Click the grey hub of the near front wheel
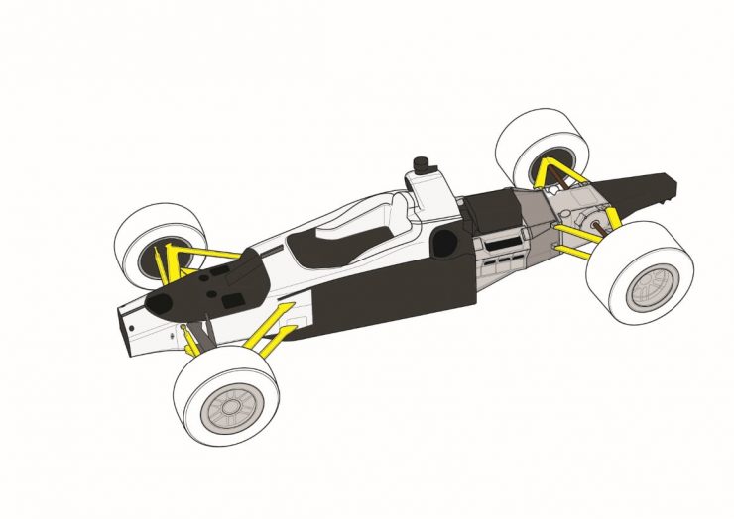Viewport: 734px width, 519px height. (x=230, y=405)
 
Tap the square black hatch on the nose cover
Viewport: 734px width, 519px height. (x=236, y=297)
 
